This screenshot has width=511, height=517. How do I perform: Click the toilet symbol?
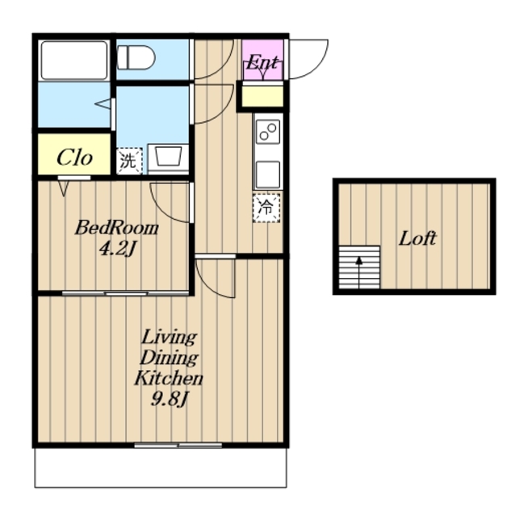click(x=136, y=57)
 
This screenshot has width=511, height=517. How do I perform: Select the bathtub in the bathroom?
click(x=74, y=60)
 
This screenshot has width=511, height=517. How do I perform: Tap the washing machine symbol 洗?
click(x=129, y=161)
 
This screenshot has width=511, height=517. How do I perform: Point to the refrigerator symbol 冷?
click(x=266, y=208)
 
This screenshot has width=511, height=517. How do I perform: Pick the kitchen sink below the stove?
click(x=268, y=174)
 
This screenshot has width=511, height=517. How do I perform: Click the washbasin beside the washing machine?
click(x=169, y=158)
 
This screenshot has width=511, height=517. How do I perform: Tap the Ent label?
click(x=262, y=62)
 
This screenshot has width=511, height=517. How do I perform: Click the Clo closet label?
click(x=74, y=158)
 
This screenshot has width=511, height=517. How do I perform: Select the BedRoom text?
click(x=117, y=228)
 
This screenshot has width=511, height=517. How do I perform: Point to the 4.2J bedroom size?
click(x=118, y=249)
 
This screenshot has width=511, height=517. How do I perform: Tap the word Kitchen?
click(x=169, y=378)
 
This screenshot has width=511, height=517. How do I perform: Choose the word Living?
click(x=170, y=338)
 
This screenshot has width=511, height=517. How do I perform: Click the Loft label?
click(x=417, y=238)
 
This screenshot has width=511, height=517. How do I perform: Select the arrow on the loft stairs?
click(x=359, y=272)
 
